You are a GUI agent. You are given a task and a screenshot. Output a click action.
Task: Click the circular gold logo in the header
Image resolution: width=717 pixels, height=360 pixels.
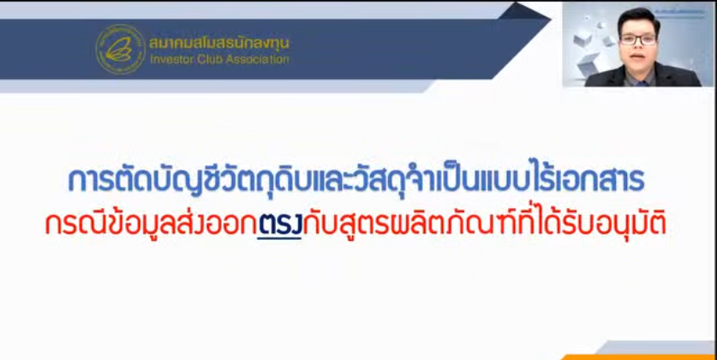(120, 49)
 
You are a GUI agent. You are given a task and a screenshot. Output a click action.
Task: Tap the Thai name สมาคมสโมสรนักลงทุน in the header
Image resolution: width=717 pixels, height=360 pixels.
(219, 42)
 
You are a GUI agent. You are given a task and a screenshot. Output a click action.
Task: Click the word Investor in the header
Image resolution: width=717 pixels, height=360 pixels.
(171, 60)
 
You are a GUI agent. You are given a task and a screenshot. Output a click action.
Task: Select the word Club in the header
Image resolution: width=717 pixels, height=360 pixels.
(211, 60)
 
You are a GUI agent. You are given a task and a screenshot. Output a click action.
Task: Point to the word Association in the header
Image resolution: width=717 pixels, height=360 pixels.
(258, 60)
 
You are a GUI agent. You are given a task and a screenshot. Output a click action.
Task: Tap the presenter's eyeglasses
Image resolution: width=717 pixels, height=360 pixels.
(637, 39)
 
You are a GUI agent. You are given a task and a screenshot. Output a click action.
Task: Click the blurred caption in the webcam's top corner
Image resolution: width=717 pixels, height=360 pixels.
(683, 7)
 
